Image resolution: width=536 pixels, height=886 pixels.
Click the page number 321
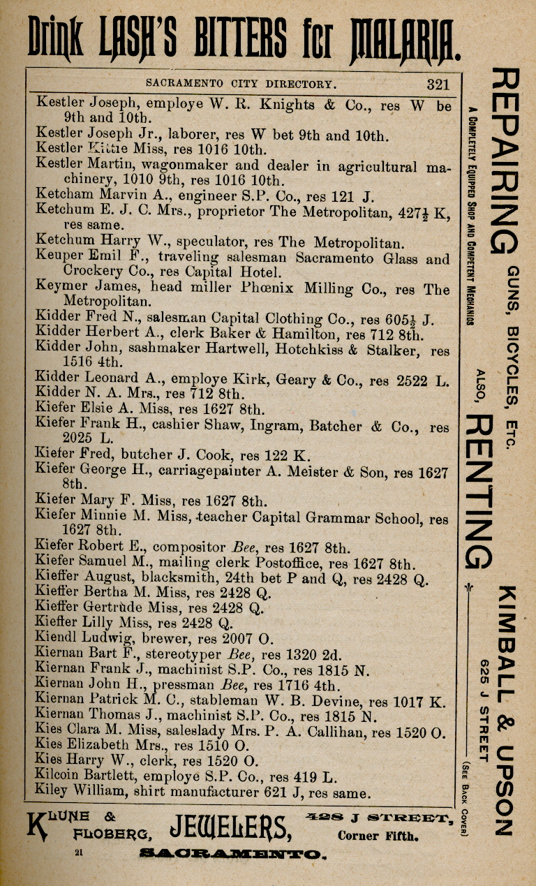pyautogui.click(x=438, y=84)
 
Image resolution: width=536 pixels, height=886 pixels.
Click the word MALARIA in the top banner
pyautogui.click(x=404, y=38)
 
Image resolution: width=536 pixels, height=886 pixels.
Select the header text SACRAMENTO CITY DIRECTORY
pyautogui.click(x=241, y=84)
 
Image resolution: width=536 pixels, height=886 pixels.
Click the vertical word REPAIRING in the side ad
pyautogui.click(x=504, y=161)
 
